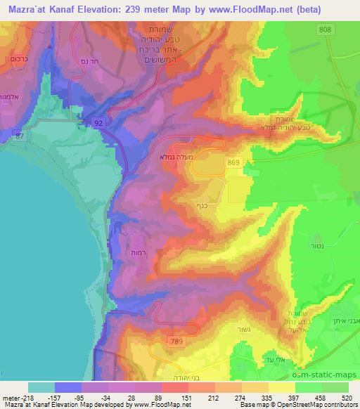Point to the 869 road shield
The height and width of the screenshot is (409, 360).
pyautogui.click(x=233, y=162)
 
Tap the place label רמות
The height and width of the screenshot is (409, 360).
pyautogui.click(x=138, y=252)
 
